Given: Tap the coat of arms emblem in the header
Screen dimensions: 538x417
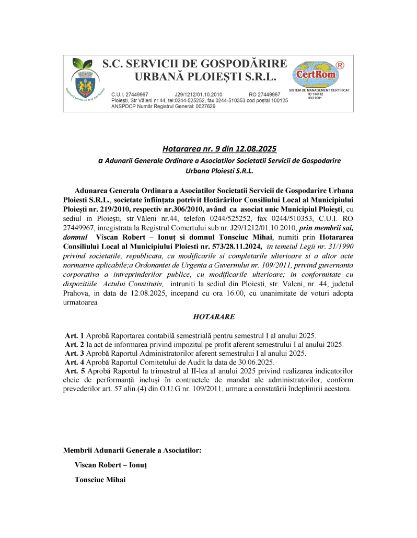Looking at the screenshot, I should point(84,83).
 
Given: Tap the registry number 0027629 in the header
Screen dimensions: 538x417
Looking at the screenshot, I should point(202,106).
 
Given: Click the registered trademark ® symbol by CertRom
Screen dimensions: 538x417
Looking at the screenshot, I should point(340,65).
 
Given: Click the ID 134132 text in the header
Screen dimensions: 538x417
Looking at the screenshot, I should point(316,94).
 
